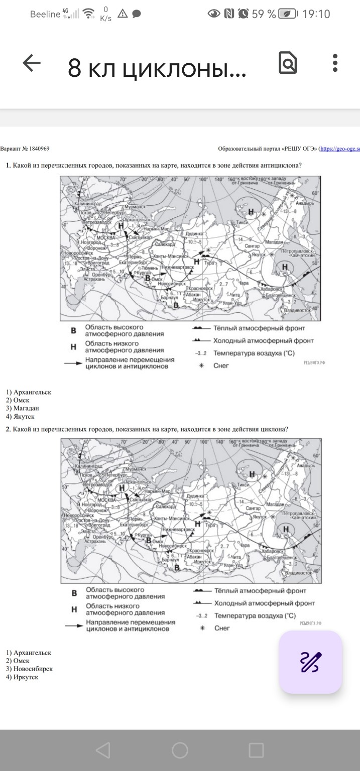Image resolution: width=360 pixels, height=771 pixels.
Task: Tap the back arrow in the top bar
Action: click(x=32, y=64)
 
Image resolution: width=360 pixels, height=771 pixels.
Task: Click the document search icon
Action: click(x=288, y=64)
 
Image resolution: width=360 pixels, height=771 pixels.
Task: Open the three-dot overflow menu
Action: click(x=335, y=63)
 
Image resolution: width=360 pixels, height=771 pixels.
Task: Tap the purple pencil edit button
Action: click(x=310, y=662)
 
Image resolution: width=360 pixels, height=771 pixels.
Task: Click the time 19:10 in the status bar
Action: click(x=316, y=14)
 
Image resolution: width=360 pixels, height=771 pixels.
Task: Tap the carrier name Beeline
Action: click(x=45, y=14)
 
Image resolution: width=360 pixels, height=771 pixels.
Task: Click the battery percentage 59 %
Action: click(x=264, y=14)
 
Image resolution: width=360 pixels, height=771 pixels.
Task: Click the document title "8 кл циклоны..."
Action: click(x=157, y=69)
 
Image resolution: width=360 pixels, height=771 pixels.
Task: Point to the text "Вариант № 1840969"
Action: click(x=25, y=149)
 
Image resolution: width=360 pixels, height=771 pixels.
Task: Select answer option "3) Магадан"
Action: click(x=23, y=408)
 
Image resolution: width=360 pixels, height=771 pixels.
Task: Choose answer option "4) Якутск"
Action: click(x=21, y=416)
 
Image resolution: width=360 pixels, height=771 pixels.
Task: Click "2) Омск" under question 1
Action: click(x=18, y=400)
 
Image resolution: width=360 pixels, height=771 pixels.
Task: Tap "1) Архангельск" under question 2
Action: click(x=29, y=653)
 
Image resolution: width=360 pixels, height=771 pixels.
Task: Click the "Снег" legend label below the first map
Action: click(x=221, y=365)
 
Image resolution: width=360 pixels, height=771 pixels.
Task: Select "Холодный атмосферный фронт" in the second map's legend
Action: click(x=265, y=603)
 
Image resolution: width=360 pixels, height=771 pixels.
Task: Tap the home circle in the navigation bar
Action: click(x=180, y=750)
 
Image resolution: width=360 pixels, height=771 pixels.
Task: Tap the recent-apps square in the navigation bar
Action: click(x=256, y=750)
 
